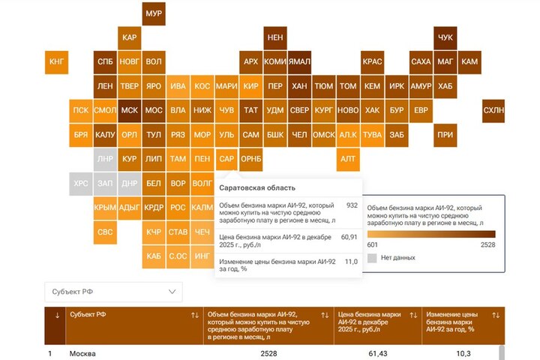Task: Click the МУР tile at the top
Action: click(x=154, y=13)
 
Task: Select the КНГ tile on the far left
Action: click(x=57, y=61)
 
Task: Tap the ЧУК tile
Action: click(x=445, y=37)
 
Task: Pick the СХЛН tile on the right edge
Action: click(x=493, y=110)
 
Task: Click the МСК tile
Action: click(x=129, y=110)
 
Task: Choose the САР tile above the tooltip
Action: click(x=226, y=159)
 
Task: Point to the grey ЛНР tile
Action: click(x=105, y=159)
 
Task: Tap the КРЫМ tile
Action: click(x=105, y=208)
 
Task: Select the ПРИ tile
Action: click(x=445, y=135)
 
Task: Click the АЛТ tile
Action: click(x=348, y=159)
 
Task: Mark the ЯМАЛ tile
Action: click(x=299, y=61)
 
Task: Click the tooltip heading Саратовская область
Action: click(x=257, y=187)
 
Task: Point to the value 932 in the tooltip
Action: click(x=352, y=205)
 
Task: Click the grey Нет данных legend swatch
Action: click(x=372, y=257)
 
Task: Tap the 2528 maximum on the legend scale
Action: click(x=488, y=244)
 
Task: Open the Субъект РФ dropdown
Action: click(x=112, y=291)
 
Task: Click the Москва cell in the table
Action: click(x=82, y=353)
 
